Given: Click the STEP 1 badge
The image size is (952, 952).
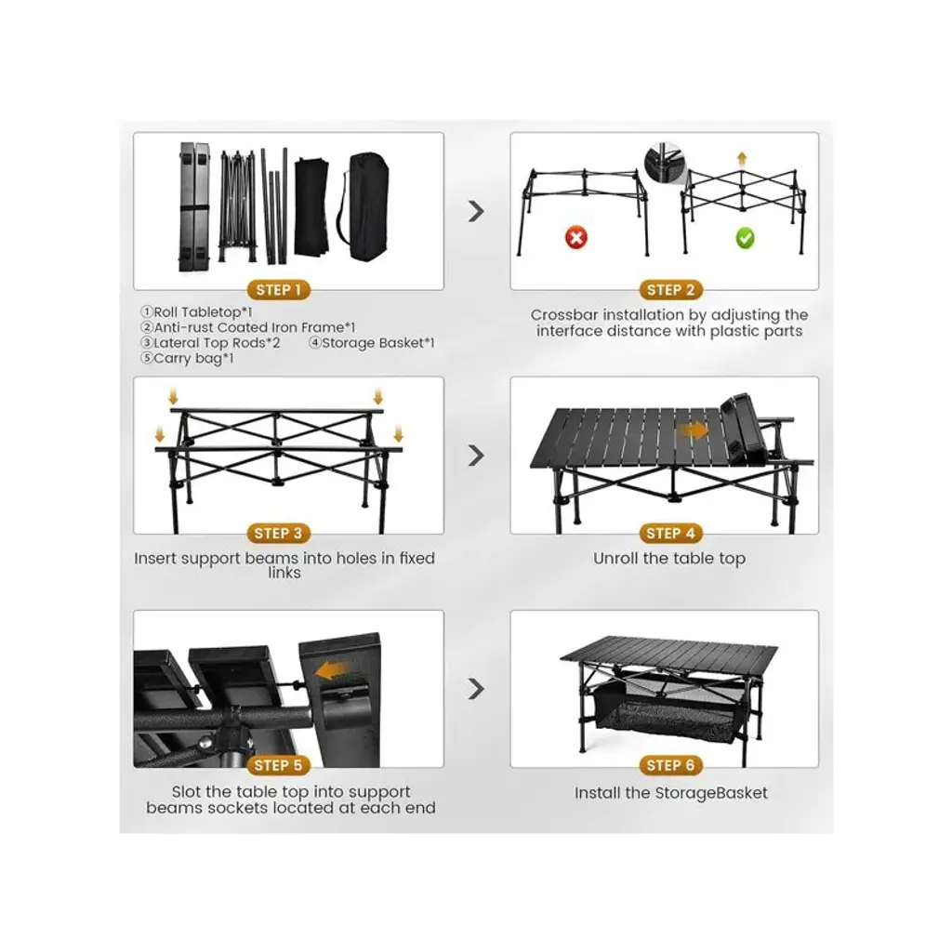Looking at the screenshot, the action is coord(279,290).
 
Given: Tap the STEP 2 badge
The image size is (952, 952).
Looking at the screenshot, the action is coord(671,290).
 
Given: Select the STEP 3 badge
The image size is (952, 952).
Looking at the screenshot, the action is coord(278,534).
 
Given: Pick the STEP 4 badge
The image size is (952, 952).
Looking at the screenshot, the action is coord(671,534).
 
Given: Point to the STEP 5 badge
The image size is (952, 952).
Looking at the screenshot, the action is coord(278,766).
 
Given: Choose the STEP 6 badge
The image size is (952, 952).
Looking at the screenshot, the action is coord(671,766).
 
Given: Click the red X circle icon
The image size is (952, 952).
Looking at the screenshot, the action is coord(576,237).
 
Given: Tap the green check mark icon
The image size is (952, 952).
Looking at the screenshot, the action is coord(745,238).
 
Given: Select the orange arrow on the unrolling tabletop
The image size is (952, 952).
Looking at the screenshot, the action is coord(694,430).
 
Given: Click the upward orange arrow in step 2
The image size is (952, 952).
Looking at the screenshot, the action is coord(741,159).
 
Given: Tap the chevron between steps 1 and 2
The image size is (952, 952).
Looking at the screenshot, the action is coord(477,211).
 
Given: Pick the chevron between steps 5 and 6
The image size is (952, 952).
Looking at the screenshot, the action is coord(477,689).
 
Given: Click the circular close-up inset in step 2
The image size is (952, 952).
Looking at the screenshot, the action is coord(665,163).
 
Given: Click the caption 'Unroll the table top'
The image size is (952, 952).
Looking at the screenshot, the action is coord(669,559).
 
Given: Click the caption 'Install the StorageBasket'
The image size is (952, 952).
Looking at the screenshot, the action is coord(671,793).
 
